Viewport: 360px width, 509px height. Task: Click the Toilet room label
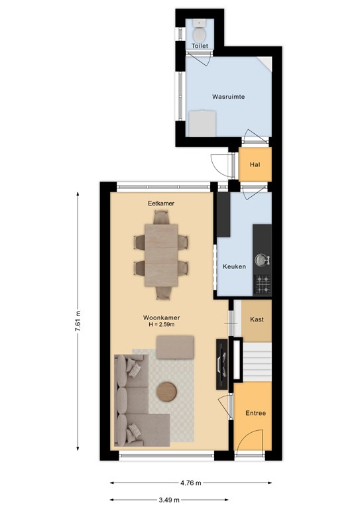coord(200,46)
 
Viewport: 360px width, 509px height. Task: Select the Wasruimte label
coord(229,96)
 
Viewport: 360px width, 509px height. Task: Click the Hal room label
coord(255,164)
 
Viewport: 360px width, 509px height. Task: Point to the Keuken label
coord(235,266)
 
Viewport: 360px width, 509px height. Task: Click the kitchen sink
coord(262,260)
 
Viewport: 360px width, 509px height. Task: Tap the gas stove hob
coord(263,284)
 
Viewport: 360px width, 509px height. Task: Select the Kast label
coord(257,319)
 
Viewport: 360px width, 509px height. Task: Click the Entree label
coord(256,413)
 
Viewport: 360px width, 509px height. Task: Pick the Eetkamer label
coord(161,203)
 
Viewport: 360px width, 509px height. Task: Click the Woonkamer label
coord(161,318)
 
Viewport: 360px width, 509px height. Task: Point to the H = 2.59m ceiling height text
coord(161,324)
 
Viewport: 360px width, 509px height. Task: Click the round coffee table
coord(167,392)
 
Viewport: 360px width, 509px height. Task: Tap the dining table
coord(161,255)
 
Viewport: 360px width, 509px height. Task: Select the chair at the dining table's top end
coord(161,217)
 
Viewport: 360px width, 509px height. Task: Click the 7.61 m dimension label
coord(78,321)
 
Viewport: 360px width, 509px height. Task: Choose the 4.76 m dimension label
coord(191,482)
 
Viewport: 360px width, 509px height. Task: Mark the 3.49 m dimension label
coord(169,500)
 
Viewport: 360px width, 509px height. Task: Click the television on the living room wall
coord(222,365)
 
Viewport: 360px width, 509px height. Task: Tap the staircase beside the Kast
coord(257,362)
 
